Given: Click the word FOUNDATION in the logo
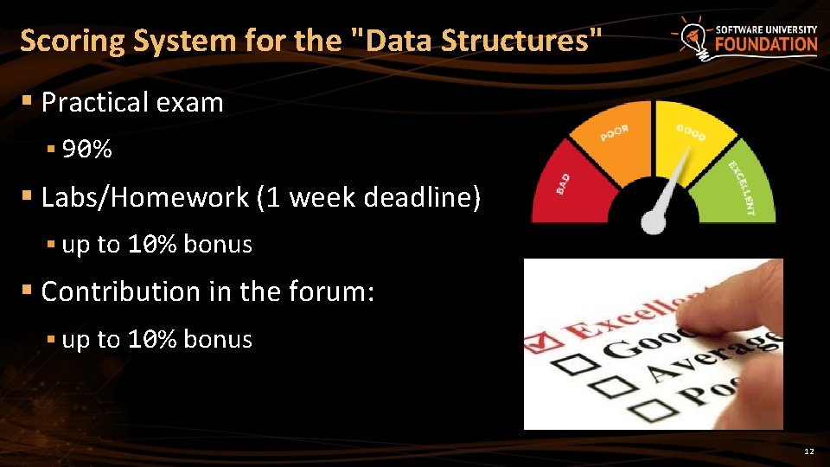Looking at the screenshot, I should tap(766, 44).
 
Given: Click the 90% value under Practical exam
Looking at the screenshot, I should tap(87, 150).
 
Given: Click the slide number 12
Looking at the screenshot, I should tap(808, 452).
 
